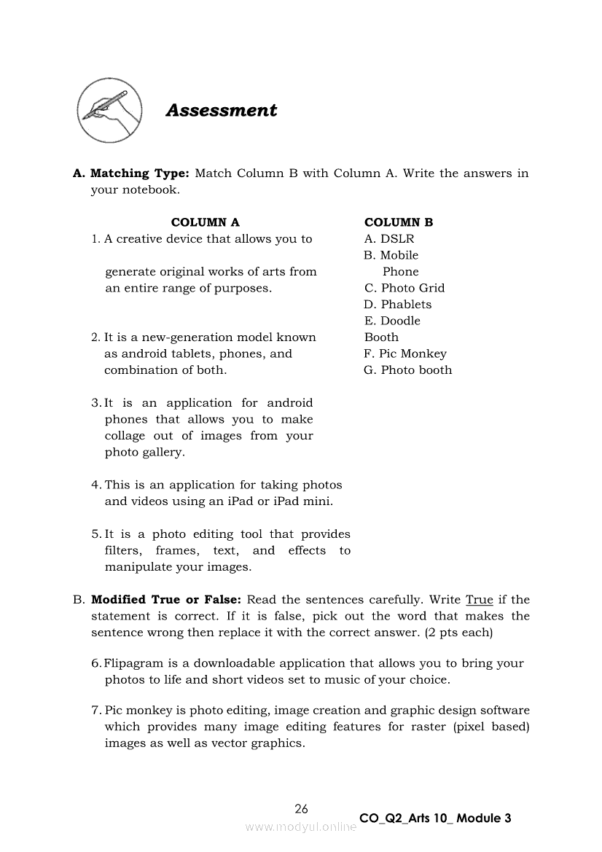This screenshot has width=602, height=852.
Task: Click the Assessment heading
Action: coord(222,111)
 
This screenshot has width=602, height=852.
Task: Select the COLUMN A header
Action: coord(205,222)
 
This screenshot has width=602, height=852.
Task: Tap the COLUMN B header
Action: coord(399,222)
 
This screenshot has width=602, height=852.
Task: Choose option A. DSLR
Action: coord(389,239)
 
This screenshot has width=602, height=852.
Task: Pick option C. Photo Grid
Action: coord(404,288)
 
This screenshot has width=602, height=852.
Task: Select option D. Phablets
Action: coord(398,305)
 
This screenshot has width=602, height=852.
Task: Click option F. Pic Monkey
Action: coord(405,353)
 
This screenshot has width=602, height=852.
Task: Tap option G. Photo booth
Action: coord(408,370)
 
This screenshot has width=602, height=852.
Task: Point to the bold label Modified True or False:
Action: coord(165,600)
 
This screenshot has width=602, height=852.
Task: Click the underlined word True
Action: coord(480,600)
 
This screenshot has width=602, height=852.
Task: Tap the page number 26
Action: coord(302,808)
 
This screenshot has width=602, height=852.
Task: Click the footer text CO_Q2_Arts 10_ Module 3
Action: coord(435,818)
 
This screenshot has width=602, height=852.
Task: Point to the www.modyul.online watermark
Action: coord(301,827)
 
